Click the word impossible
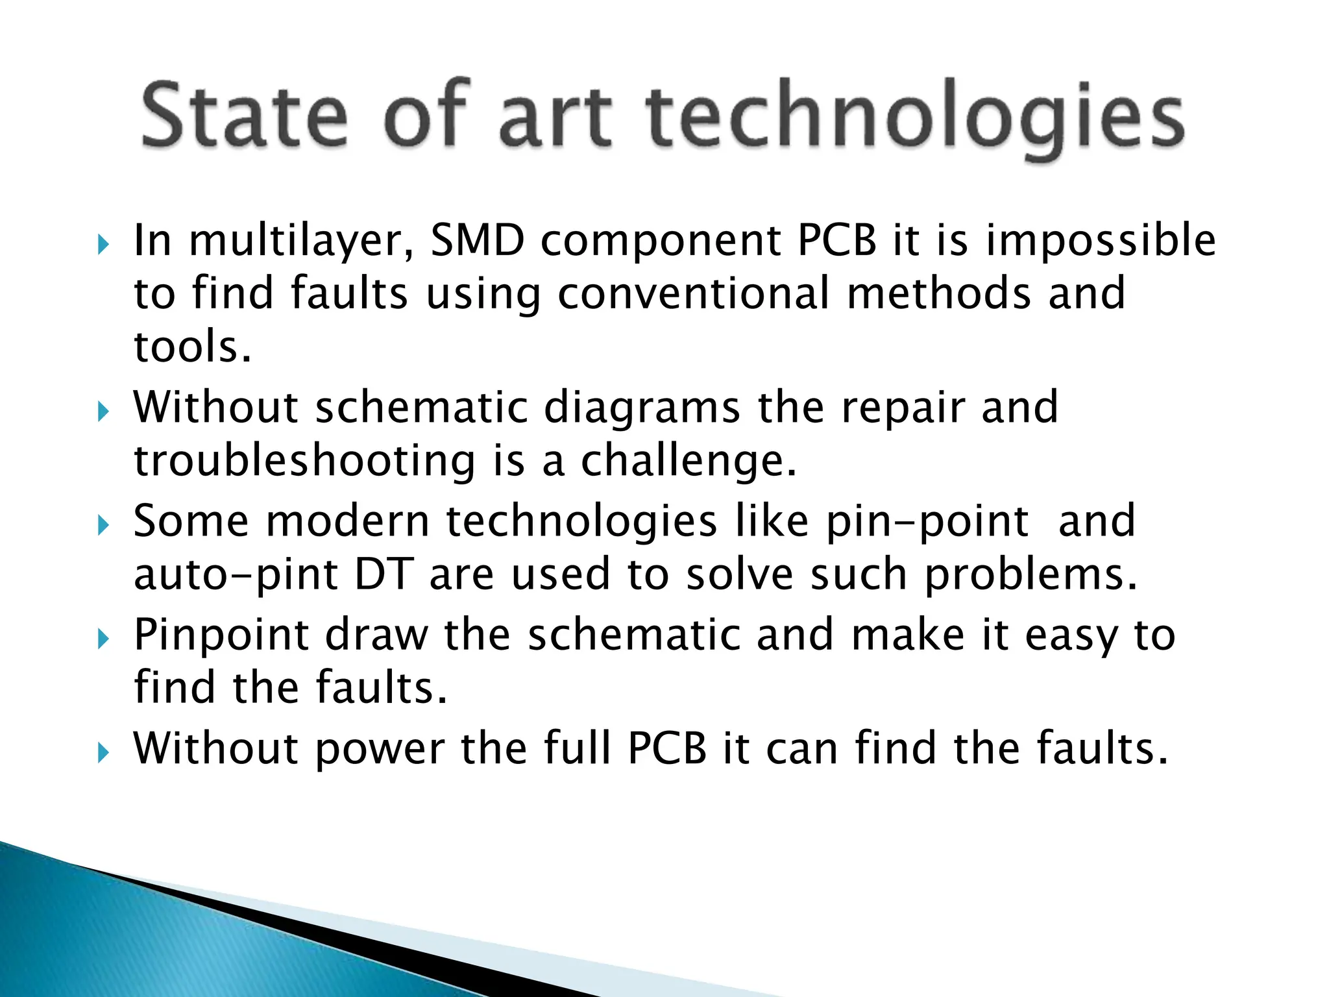coord(1101,241)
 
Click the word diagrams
coord(642,408)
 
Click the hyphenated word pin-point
coord(927,522)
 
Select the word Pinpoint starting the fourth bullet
coord(221,635)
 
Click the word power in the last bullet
coord(380,749)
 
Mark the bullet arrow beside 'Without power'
coord(103,753)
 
